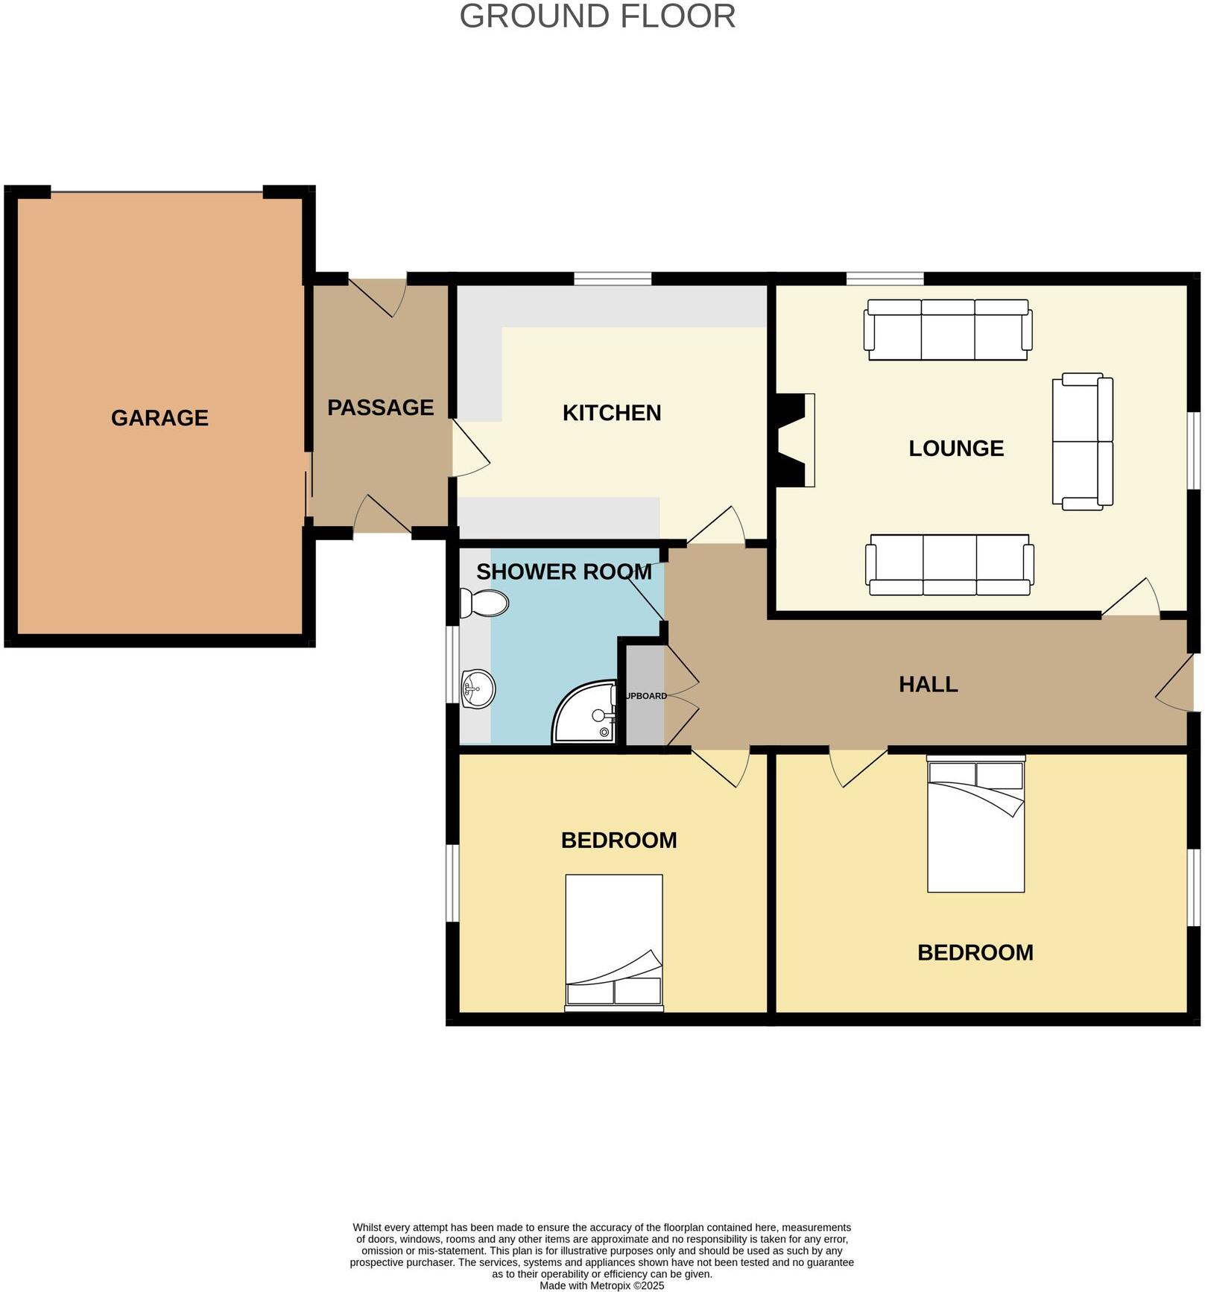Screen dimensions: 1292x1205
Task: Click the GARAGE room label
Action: point(159,418)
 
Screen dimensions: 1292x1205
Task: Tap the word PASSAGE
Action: point(380,408)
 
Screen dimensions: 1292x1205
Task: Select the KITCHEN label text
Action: point(611,413)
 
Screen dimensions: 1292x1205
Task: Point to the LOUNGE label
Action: point(956,449)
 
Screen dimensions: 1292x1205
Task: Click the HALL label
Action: point(928,684)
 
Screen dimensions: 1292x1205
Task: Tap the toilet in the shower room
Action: point(484,603)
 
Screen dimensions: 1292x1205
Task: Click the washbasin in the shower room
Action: point(478,689)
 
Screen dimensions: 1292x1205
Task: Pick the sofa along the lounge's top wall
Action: point(948,329)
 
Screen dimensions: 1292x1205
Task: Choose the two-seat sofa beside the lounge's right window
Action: point(1083,442)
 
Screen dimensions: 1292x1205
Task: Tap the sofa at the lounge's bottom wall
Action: point(949,565)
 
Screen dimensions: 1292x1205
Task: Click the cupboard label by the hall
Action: point(645,696)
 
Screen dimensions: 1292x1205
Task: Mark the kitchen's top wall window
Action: point(613,279)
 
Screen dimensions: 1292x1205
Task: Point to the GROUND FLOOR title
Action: point(597,16)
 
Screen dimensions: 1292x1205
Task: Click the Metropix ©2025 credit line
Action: point(601,1285)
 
